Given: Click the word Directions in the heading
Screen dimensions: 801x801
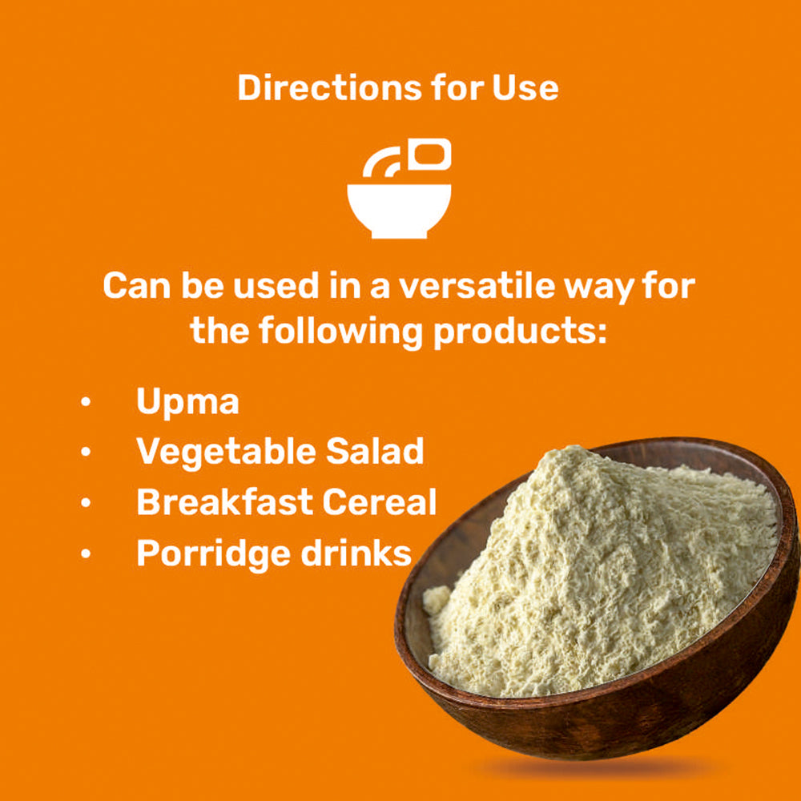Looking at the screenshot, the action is pos(329,88).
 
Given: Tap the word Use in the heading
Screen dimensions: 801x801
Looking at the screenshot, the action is pos(525,88).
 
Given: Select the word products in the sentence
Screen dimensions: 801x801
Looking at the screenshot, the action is pos(520,332).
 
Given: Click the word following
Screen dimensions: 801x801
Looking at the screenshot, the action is pos(340,332).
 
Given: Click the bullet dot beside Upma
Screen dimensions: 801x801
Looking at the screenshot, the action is pos(86,401).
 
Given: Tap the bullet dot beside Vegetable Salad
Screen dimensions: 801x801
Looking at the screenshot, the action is pos(86,452).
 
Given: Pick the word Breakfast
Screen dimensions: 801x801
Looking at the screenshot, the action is pos(225,501).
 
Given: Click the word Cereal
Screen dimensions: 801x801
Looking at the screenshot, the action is pos(380,501).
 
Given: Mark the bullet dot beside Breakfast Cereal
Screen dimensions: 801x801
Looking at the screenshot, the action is pos(86,502).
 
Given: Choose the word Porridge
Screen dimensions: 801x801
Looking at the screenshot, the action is pos(214,554).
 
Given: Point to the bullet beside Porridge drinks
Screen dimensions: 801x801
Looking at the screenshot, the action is pos(86,553).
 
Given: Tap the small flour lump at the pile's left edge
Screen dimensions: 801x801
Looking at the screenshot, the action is pos(436,599).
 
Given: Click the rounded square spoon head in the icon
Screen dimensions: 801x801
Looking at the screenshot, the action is pos(429,154).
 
